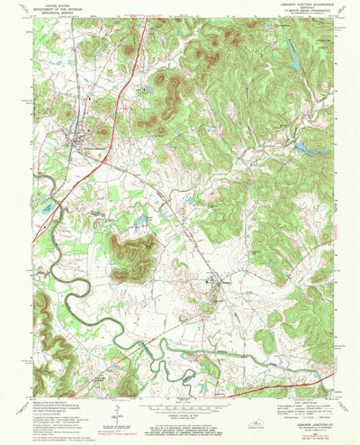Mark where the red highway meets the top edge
coord(144,19)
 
